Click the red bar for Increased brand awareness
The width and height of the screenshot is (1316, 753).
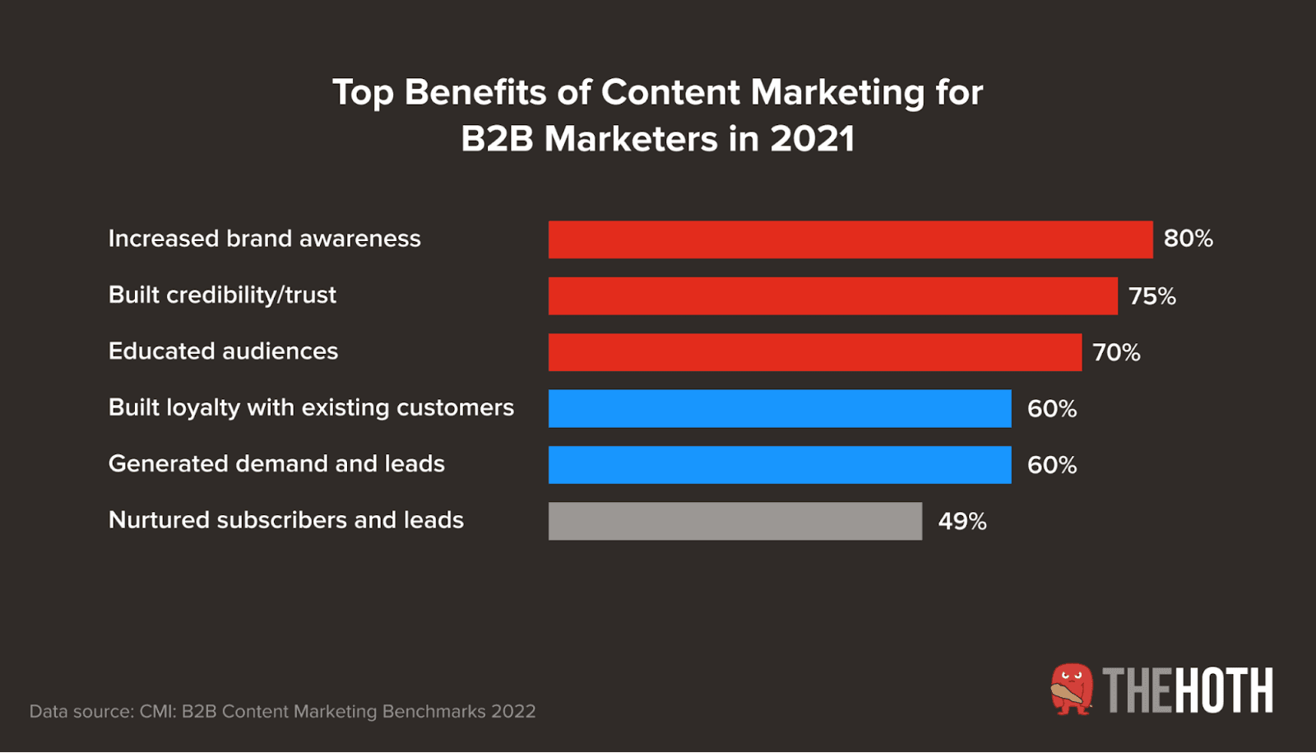(x=850, y=239)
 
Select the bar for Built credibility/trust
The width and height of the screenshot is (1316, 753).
(x=832, y=295)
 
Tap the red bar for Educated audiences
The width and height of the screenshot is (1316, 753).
(x=814, y=352)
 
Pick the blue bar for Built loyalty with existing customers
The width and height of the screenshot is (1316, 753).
(x=779, y=408)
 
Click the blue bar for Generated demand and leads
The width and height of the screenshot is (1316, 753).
(x=779, y=465)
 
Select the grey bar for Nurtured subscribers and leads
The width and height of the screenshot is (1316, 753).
(x=734, y=521)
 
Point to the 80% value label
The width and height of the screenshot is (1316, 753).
(x=1188, y=239)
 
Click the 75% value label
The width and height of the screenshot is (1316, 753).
(x=1151, y=296)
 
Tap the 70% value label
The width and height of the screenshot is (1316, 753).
(x=1116, y=353)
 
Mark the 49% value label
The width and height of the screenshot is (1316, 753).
(x=962, y=522)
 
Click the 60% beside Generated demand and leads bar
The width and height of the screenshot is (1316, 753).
(x=1051, y=466)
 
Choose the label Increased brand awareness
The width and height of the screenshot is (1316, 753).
(x=264, y=239)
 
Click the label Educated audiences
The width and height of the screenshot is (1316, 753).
(x=223, y=351)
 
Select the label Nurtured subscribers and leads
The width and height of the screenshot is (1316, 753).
(x=285, y=520)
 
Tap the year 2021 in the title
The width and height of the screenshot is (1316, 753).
(x=812, y=138)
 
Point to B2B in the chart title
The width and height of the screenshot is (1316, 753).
(x=497, y=138)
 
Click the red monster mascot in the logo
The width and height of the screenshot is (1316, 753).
(x=1072, y=689)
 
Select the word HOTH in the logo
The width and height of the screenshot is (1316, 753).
(x=1224, y=690)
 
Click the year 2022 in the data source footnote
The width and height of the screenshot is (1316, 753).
(x=513, y=711)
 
